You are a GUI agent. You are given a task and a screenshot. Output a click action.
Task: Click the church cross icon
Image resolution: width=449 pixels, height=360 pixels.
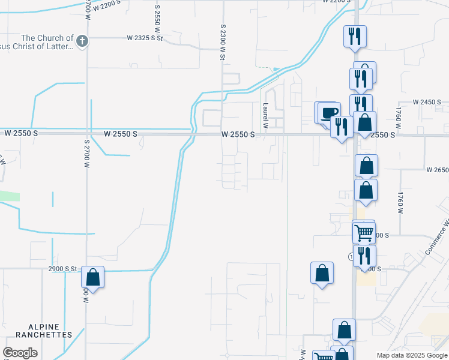[x=83, y=41]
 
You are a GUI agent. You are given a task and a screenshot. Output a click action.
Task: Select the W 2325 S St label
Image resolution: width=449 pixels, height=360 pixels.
[x=145, y=38]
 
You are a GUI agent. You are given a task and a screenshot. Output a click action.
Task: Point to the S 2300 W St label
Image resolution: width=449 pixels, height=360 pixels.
[x=223, y=42]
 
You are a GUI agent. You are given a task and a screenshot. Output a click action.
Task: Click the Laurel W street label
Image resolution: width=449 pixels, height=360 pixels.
[x=265, y=111]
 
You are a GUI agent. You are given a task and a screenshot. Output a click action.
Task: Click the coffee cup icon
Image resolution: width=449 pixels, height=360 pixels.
[x=329, y=112]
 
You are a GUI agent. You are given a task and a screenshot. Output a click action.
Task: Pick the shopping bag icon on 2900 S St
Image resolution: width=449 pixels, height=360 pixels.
[x=92, y=277]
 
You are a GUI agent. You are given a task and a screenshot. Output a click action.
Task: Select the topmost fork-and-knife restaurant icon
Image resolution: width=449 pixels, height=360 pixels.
[x=354, y=37]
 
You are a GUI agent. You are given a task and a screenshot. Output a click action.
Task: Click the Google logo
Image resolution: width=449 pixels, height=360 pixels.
[x=20, y=353]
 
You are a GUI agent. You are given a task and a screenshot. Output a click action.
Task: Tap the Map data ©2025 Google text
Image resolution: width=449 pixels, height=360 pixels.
[x=412, y=355]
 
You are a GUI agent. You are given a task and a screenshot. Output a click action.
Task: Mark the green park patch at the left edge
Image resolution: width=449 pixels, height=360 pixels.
[x=9, y=196]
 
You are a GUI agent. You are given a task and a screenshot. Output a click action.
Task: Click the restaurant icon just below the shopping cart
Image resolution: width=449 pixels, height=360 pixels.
[x=364, y=256]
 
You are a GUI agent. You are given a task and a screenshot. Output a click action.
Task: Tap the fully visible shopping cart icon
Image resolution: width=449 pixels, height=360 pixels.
[x=363, y=232]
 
